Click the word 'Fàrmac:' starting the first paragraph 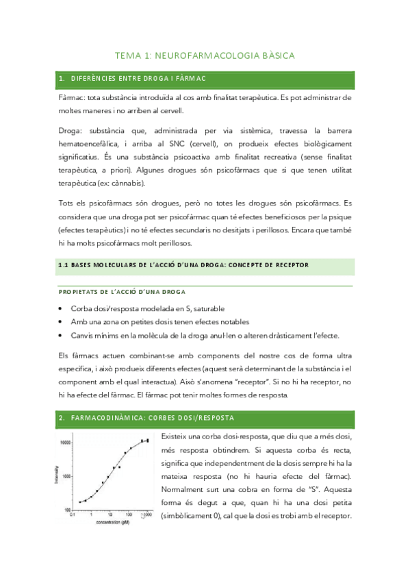(x=73, y=98)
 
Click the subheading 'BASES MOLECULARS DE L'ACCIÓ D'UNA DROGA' (x=183, y=264)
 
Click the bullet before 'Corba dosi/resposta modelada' (x=62, y=309)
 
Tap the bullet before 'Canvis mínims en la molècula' (x=62, y=335)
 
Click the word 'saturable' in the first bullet (x=206, y=309)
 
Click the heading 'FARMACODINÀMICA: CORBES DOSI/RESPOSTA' (x=152, y=417)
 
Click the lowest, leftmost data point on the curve (x=80, y=502)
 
